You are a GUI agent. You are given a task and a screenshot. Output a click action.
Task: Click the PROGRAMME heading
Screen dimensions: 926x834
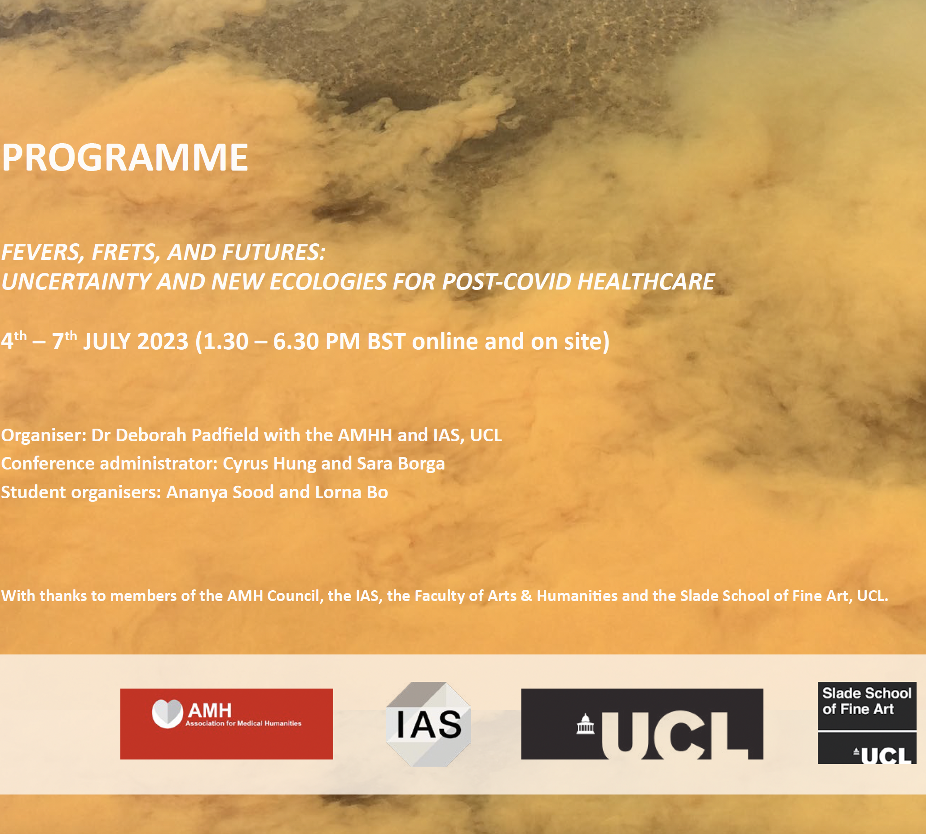click(x=125, y=157)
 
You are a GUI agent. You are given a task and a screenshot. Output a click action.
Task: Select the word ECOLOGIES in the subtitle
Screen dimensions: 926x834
click(x=328, y=281)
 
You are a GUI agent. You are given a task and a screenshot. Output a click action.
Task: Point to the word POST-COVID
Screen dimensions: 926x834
click(x=507, y=281)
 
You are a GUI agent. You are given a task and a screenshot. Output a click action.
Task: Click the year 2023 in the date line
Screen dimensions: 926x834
click(x=163, y=342)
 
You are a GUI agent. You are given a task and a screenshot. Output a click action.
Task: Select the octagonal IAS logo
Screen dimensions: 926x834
click(x=428, y=724)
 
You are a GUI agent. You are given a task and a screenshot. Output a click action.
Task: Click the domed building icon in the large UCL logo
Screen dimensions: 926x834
click(x=586, y=724)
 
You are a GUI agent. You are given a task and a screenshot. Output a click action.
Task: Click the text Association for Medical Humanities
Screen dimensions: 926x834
click(x=243, y=724)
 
